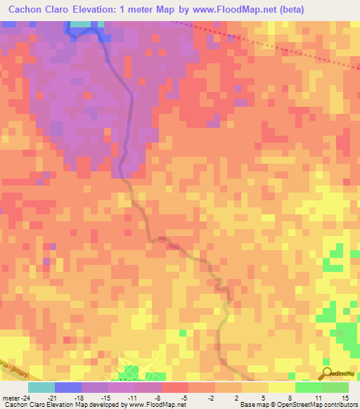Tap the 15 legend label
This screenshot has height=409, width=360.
[x=346, y=398]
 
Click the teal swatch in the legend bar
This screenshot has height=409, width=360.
[x=41, y=387]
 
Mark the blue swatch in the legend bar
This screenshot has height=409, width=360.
[x=68, y=387]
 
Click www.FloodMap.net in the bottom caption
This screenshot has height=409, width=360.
[x=153, y=405]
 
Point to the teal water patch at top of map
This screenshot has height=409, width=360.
[x=82, y=24]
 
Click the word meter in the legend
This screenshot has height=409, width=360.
[x=8, y=398]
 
